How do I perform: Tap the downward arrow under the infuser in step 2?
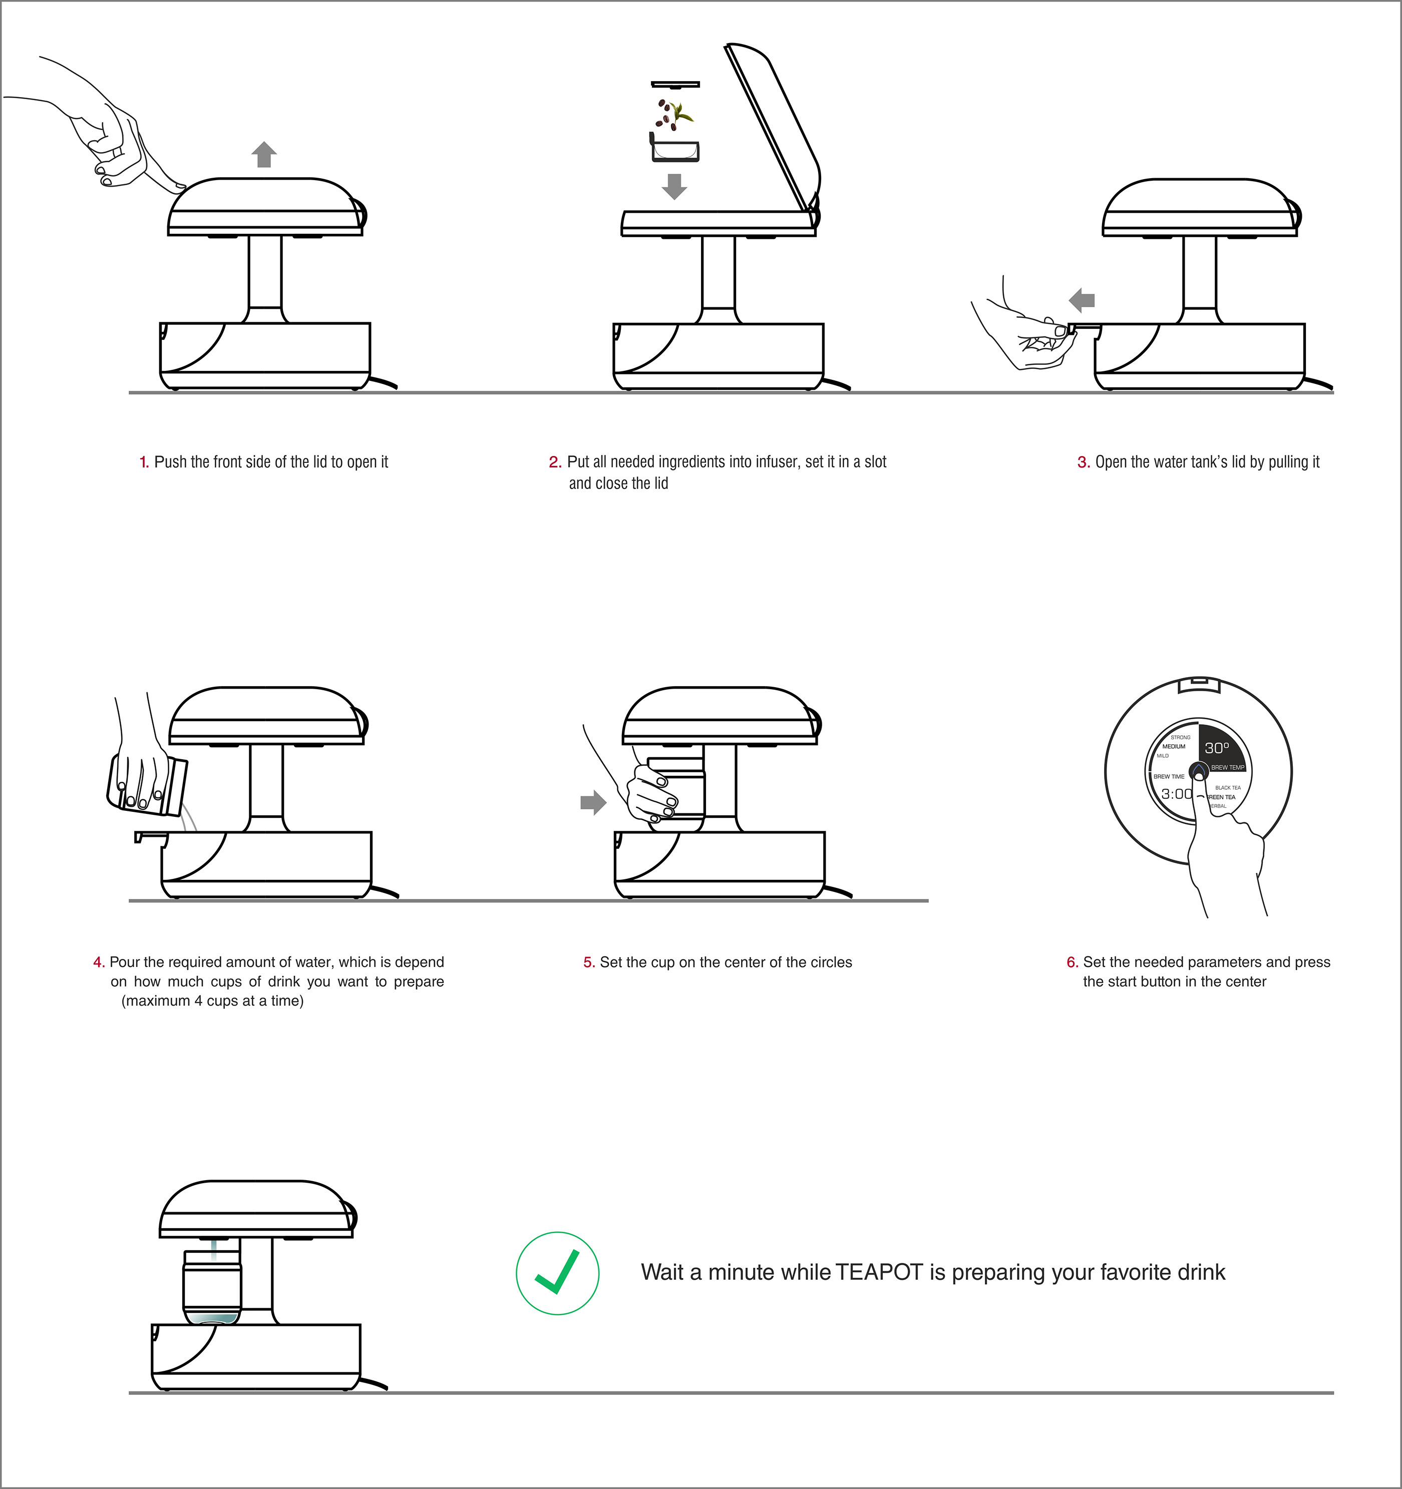pyautogui.click(x=674, y=186)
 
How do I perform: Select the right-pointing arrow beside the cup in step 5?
pyautogui.click(x=593, y=802)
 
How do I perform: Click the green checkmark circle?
pyautogui.click(x=557, y=1273)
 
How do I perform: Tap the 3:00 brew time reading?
pyautogui.click(x=1176, y=794)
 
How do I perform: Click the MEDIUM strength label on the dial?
pyautogui.click(x=1174, y=747)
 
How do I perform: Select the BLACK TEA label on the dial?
pyautogui.click(x=1227, y=787)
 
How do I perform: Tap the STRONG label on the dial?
pyautogui.click(x=1180, y=737)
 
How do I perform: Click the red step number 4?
pyautogui.click(x=98, y=962)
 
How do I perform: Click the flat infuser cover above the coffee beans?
pyautogui.click(x=674, y=85)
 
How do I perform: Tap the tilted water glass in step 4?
pyautogui.click(x=147, y=786)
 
